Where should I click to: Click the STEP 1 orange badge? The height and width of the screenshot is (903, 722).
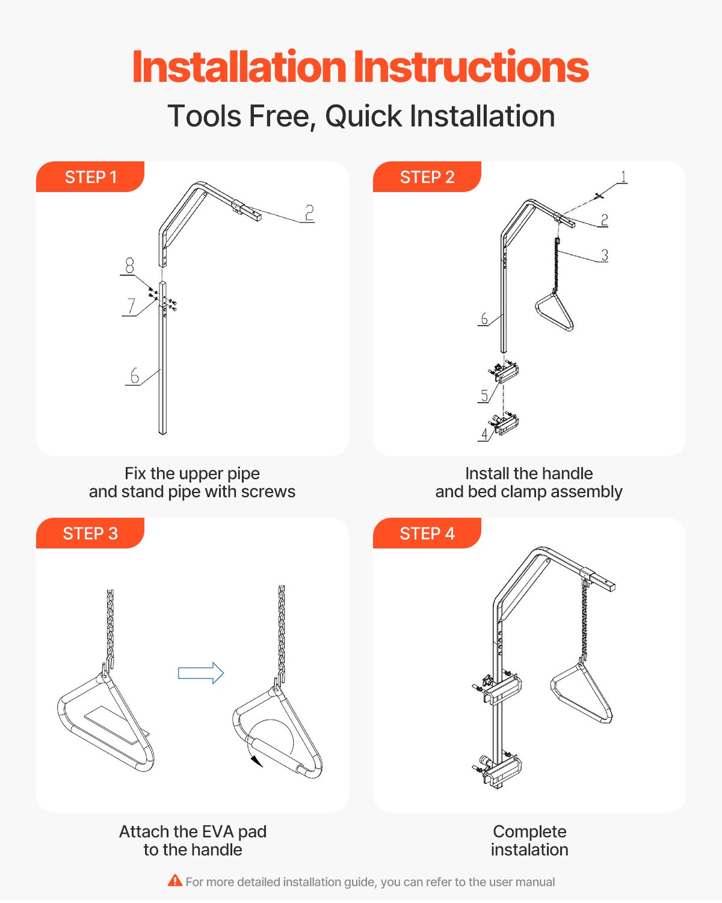[90, 176]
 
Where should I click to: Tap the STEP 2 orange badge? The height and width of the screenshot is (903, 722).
[427, 176]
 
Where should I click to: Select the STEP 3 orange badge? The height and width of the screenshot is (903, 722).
[90, 533]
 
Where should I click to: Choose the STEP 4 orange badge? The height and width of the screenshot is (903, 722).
[427, 533]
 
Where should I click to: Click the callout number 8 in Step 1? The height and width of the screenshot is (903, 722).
[129, 265]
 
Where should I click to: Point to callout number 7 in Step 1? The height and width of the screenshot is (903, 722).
[131, 306]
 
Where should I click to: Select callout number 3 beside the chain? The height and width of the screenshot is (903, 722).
[605, 255]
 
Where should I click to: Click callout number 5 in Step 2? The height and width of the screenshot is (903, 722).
[484, 396]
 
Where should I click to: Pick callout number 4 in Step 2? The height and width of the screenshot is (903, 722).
[485, 434]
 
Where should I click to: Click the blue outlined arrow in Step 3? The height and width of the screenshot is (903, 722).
[201, 673]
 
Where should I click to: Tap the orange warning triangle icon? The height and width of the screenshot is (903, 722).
[175, 881]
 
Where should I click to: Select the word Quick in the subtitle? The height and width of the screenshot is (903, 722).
[363, 116]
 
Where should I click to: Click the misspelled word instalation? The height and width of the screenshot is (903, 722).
[529, 849]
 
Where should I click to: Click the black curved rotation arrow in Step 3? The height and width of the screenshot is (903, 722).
[257, 760]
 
